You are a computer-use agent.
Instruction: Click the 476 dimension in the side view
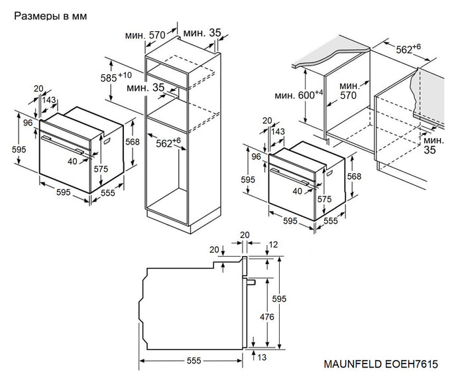point(266,317)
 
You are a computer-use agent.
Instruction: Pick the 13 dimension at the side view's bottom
point(262,358)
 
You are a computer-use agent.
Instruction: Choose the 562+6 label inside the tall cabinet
point(168,142)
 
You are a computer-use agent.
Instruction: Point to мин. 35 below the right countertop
point(434,146)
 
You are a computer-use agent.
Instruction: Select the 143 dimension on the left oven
point(48,100)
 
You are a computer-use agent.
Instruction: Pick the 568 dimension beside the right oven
point(355,176)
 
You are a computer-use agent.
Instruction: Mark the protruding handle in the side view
point(252,281)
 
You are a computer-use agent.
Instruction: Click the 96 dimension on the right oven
point(257,157)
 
